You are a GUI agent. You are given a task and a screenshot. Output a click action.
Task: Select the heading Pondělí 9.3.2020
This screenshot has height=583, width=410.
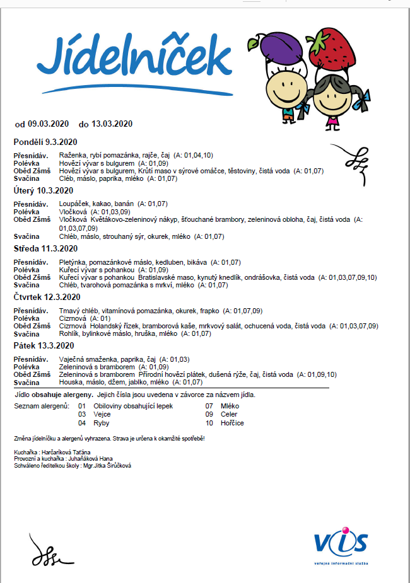[45, 141]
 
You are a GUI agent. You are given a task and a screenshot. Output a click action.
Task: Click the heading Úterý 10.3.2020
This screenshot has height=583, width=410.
[44, 190]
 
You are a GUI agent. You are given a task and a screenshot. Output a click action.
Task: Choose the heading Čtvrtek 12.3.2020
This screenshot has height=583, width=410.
[47, 297]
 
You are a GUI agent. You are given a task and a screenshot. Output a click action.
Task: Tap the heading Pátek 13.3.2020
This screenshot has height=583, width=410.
[44, 346]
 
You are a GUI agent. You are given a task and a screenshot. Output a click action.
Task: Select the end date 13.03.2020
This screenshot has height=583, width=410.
[112, 124]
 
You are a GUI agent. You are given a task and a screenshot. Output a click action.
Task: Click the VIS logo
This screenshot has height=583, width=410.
[341, 543]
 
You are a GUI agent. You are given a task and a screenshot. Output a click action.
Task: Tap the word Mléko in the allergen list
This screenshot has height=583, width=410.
[230, 406]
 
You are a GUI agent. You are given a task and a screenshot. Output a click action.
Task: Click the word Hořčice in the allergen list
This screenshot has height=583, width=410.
[232, 423]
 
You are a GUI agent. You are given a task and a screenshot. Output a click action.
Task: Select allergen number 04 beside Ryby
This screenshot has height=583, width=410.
[82, 423]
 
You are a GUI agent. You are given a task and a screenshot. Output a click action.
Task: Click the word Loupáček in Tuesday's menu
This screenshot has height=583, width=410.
[74, 204]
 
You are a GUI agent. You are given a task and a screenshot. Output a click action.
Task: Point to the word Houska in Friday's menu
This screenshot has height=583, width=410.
[69, 382]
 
